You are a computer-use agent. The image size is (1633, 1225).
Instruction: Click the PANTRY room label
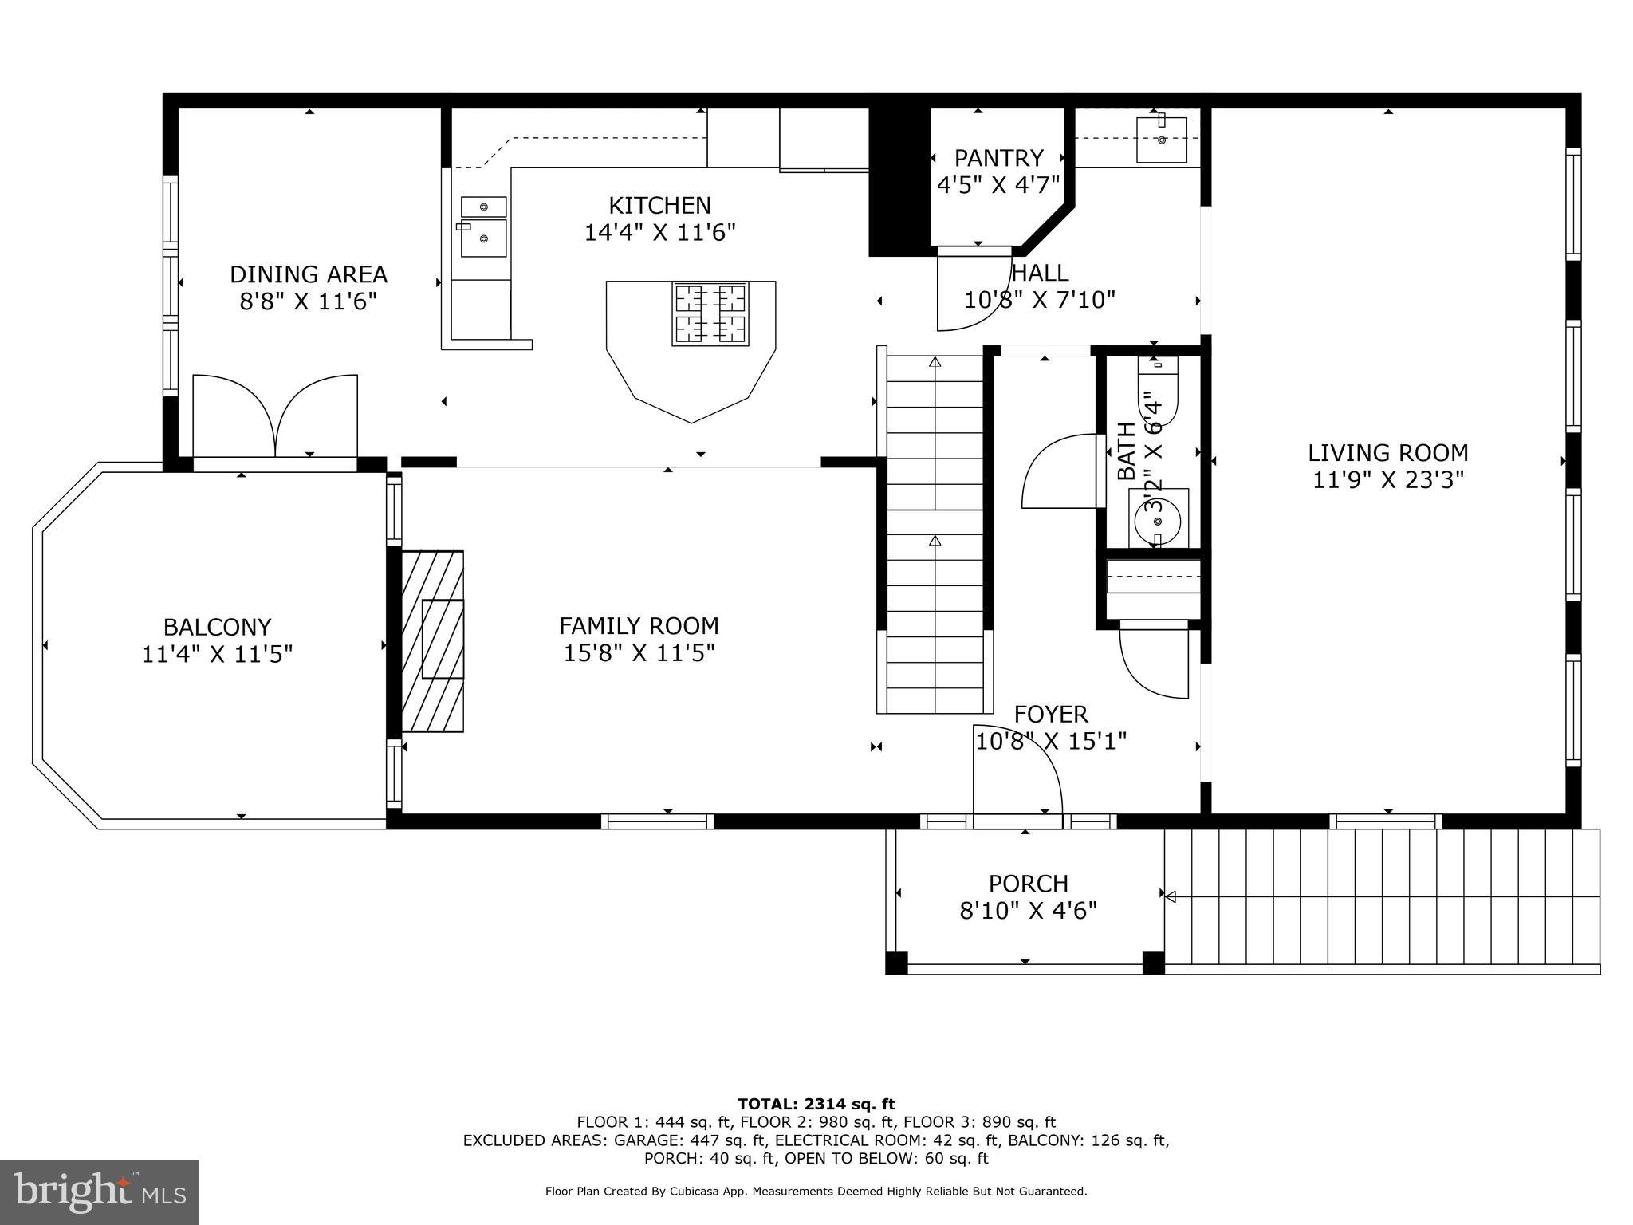tap(998, 157)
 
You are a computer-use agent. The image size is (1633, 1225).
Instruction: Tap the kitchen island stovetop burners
tap(710, 313)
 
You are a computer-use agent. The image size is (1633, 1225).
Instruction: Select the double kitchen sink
tap(483, 227)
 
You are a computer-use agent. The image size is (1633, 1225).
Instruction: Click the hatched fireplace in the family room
tap(433, 640)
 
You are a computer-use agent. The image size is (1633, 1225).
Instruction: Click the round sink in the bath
tap(1158, 519)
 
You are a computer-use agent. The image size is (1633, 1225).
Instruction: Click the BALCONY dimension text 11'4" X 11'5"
tap(217, 655)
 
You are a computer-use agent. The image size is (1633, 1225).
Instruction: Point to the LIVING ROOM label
tap(1387, 453)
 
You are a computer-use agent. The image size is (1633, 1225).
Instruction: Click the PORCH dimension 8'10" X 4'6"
tap(1028, 911)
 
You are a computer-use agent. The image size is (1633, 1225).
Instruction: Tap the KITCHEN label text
tap(659, 206)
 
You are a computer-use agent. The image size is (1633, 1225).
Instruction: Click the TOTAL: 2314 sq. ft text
tap(816, 1104)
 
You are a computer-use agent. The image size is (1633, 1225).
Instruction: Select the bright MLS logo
tap(99, 1192)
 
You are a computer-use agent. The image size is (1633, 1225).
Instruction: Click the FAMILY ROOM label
tap(639, 625)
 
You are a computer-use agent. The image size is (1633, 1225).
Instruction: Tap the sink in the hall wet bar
tap(1161, 140)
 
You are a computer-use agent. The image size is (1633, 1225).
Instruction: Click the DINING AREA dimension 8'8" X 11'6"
tap(308, 302)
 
